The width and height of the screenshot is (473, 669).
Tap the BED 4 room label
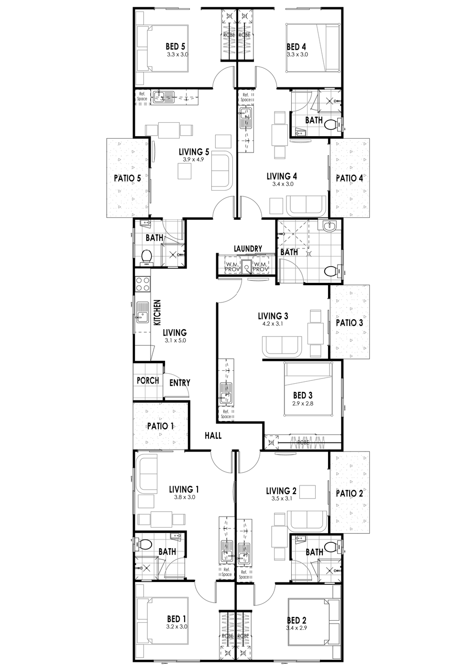point(297,46)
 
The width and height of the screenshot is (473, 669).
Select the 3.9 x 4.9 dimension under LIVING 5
point(193,160)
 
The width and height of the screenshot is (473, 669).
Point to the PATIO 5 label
point(127,178)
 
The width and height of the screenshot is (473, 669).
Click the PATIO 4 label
point(349,178)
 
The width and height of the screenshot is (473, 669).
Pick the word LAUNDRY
point(248,248)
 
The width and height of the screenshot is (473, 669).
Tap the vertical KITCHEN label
point(157,313)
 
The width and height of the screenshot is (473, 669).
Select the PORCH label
point(148,380)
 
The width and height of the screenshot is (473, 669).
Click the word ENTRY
point(180,383)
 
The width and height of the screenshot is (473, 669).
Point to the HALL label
point(213,436)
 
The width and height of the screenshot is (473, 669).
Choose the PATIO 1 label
point(160,426)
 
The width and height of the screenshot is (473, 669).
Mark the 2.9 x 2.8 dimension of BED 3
point(302,403)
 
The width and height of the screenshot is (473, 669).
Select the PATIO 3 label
point(349,323)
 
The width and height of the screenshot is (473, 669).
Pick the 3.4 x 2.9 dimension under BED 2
point(297,628)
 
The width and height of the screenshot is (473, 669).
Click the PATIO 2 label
point(349,493)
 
